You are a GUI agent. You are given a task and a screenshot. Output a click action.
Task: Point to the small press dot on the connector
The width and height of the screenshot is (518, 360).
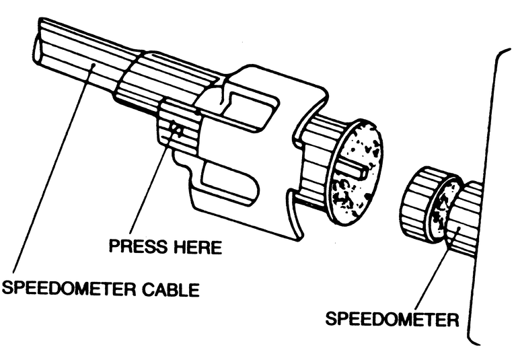(x=176, y=125)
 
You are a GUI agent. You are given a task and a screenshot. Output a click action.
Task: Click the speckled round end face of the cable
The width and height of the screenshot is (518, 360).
(x=357, y=172)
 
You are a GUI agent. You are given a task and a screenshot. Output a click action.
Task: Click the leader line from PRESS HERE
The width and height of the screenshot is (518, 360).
(x=151, y=182)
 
